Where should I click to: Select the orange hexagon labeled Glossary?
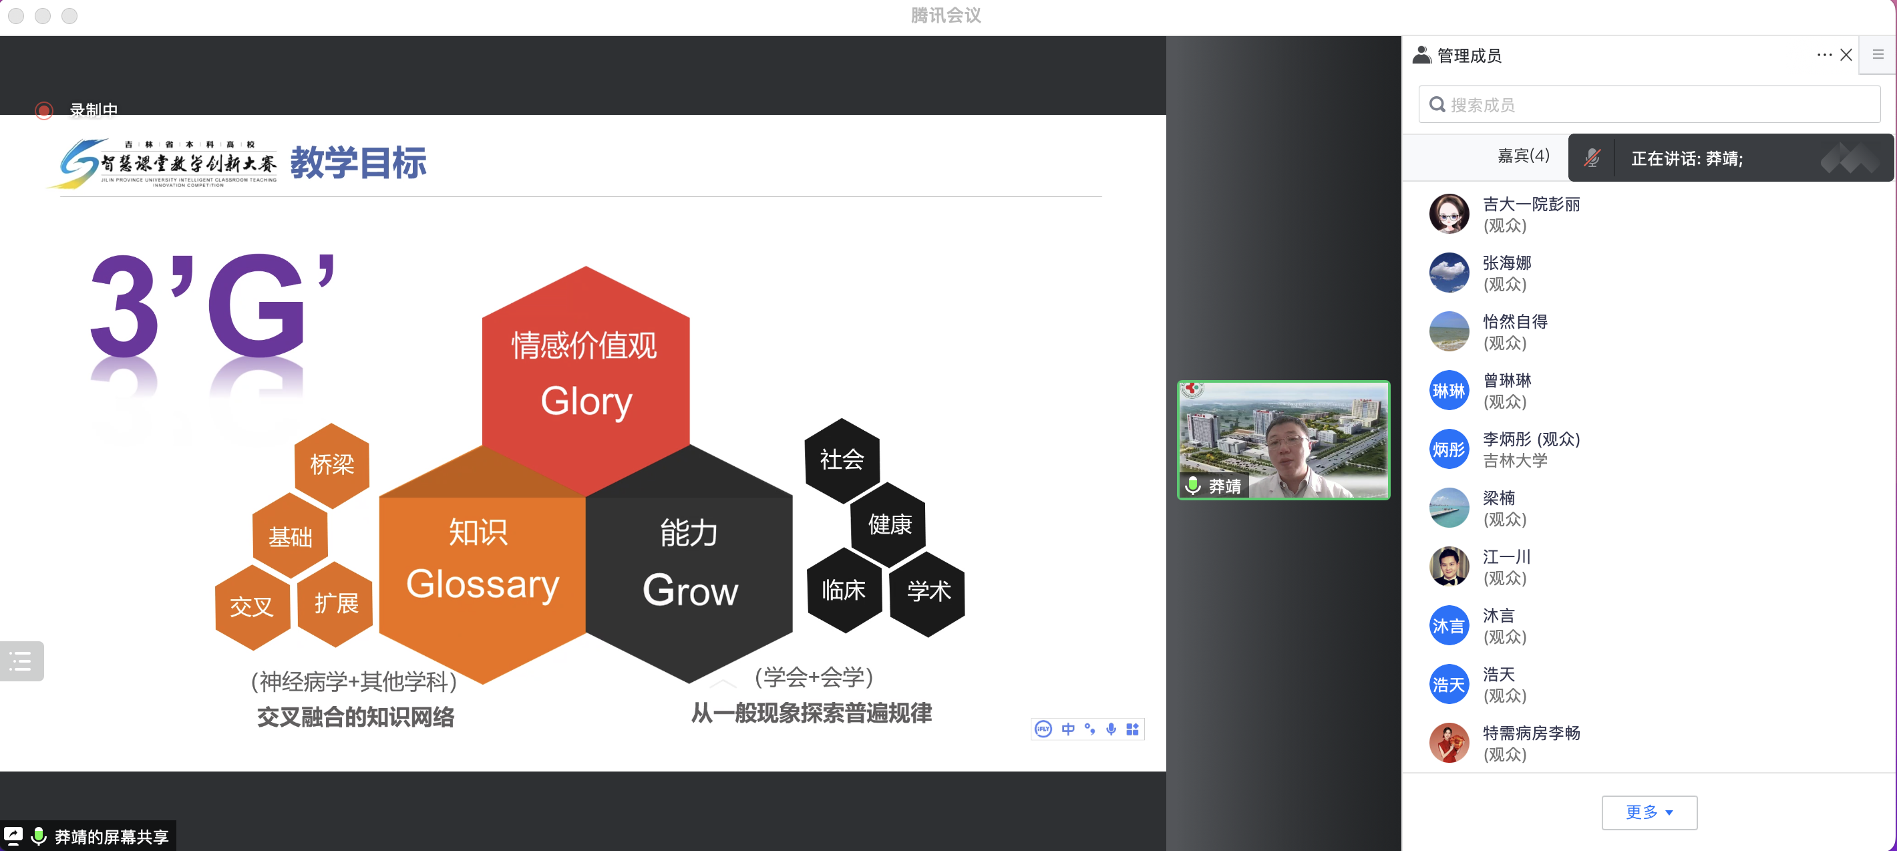[x=482, y=582]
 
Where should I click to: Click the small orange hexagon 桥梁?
[x=332, y=464]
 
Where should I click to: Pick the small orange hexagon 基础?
[x=290, y=536]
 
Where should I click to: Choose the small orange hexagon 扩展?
[x=336, y=604]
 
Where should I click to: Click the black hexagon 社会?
[x=842, y=460]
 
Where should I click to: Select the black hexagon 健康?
[x=889, y=524]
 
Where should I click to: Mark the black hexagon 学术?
[x=928, y=592]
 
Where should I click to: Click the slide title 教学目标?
[x=359, y=163]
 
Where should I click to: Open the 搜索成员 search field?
[x=1650, y=104]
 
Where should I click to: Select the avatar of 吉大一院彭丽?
[x=1449, y=214]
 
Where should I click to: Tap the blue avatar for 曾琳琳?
[x=1449, y=390]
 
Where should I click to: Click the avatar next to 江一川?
[x=1449, y=566]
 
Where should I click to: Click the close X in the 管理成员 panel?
[x=1846, y=55]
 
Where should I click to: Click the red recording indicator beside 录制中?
[x=44, y=110]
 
